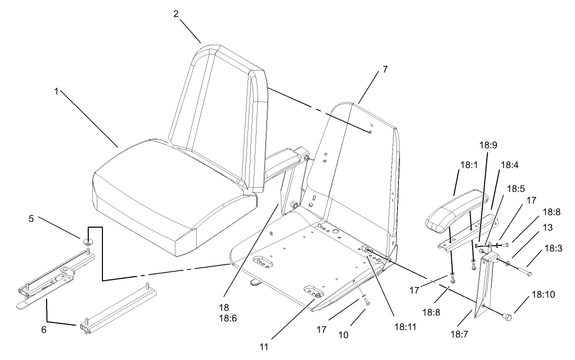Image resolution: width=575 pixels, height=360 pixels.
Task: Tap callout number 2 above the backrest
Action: tap(175, 14)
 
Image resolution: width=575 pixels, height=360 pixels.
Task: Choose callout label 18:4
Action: tap(509, 165)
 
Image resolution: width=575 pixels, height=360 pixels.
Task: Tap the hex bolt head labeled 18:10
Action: tap(505, 316)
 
